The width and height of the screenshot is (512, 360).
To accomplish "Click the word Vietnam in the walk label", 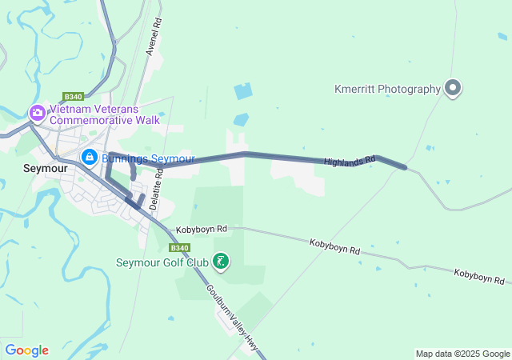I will [70, 108].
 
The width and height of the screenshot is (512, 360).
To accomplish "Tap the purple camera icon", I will [37, 113].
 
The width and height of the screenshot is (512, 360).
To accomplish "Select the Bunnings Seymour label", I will [148, 158].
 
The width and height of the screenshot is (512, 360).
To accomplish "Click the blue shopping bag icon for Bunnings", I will [90, 157].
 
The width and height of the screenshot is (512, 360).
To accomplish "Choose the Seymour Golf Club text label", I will [162, 262].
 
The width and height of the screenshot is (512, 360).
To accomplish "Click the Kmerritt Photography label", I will [387, 90].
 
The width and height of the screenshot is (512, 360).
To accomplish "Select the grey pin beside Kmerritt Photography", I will [453, 88].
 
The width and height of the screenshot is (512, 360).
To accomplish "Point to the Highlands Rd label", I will [350, 161].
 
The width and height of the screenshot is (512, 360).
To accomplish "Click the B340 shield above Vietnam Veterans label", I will [74, 96].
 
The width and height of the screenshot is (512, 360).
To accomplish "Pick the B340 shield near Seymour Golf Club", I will [181, 248].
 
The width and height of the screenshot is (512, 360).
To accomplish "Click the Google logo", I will [26, 350].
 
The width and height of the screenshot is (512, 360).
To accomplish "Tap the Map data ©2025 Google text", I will [462, 354].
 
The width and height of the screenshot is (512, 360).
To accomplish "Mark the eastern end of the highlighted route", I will [405, 168].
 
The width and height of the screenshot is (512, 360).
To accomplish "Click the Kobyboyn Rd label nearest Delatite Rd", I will [202, 229].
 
